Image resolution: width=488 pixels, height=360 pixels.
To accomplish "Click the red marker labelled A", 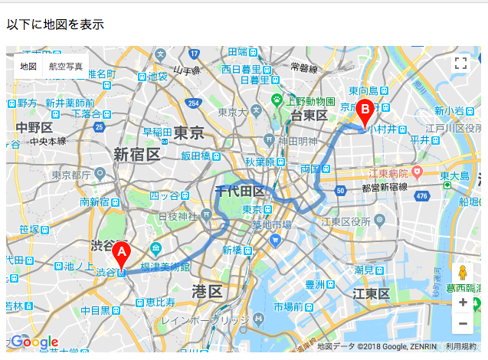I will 121,254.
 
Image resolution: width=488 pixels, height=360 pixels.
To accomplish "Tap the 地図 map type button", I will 28,67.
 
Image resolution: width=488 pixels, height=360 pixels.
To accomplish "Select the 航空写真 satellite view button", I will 66,67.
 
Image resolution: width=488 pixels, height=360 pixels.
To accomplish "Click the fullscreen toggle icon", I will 460,64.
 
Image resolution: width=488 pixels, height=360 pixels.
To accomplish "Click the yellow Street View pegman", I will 462,273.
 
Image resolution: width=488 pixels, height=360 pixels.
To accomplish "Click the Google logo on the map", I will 34,342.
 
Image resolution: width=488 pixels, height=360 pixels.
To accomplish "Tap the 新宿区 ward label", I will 137,155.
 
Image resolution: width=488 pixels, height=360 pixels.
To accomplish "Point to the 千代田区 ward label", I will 240,191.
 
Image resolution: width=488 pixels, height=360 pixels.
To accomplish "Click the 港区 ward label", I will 207,291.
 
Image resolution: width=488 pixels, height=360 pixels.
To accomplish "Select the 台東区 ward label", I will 310,115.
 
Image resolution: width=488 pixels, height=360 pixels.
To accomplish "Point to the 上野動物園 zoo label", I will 311,100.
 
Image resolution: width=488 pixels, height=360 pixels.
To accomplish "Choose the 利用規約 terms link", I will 460,346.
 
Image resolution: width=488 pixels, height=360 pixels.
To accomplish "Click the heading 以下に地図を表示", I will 55,24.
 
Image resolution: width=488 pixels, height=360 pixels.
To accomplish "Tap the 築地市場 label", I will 271,224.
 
